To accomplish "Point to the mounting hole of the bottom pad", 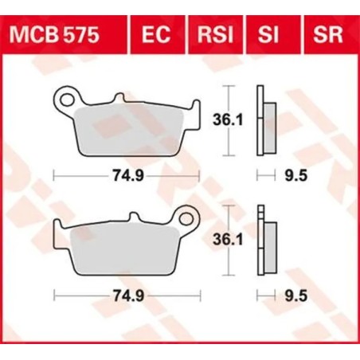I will pyautogui.click(x=188, y=217).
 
